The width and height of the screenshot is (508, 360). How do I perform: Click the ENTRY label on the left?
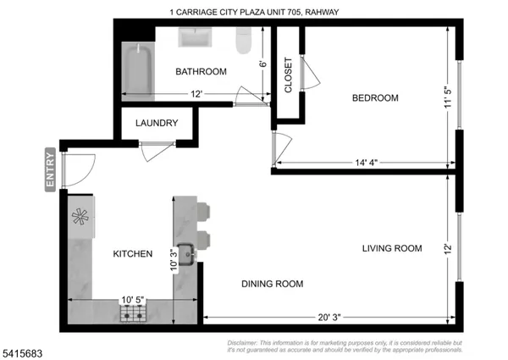coord(50,171)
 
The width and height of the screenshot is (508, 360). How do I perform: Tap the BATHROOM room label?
coord(201,72)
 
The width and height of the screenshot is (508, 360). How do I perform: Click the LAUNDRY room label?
coord(157,123)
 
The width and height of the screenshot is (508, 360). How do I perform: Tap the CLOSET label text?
coord(288,75)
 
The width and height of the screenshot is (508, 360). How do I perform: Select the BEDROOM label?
coord(375,98)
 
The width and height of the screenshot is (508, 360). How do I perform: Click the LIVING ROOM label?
coord(391,248)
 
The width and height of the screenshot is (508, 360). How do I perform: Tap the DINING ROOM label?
coord(272,284)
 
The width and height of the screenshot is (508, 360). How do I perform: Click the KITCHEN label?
coord(133,253)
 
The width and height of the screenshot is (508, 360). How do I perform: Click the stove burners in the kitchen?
coord(133,315)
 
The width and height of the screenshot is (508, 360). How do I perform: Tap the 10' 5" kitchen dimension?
coord(133,300)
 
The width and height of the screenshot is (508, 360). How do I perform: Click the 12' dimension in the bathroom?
coord(196,93)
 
